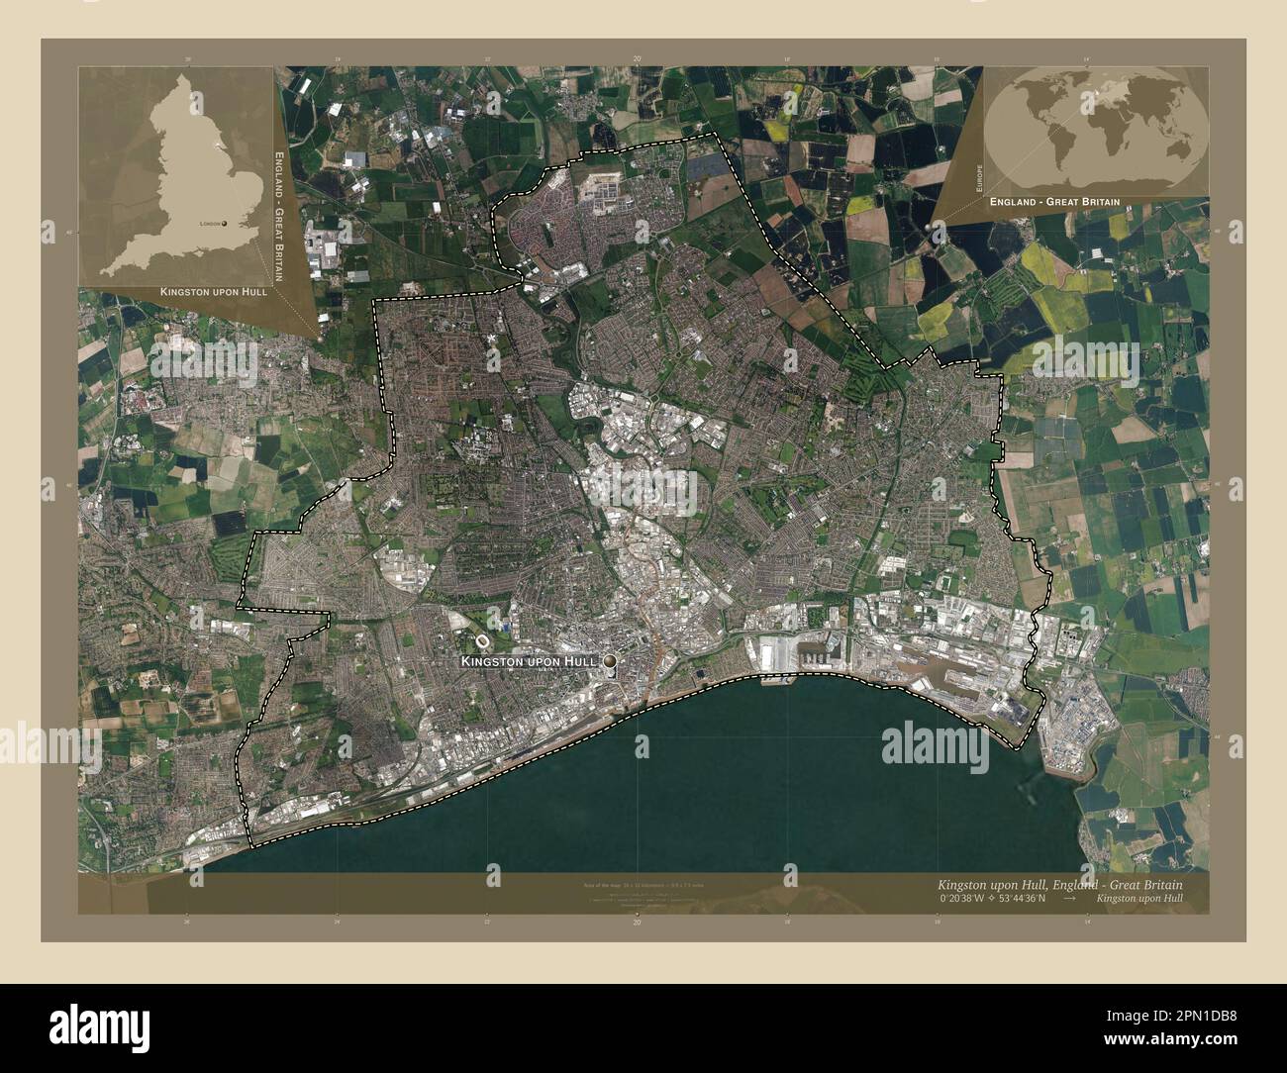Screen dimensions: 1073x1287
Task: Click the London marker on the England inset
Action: [225, 224]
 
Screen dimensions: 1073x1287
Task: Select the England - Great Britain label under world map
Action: [1054, 201]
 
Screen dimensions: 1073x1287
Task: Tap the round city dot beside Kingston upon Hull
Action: [610, 660]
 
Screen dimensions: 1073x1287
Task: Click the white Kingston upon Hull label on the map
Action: [530, 660]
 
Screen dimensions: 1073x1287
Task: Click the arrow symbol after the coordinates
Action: [1070, 899]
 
